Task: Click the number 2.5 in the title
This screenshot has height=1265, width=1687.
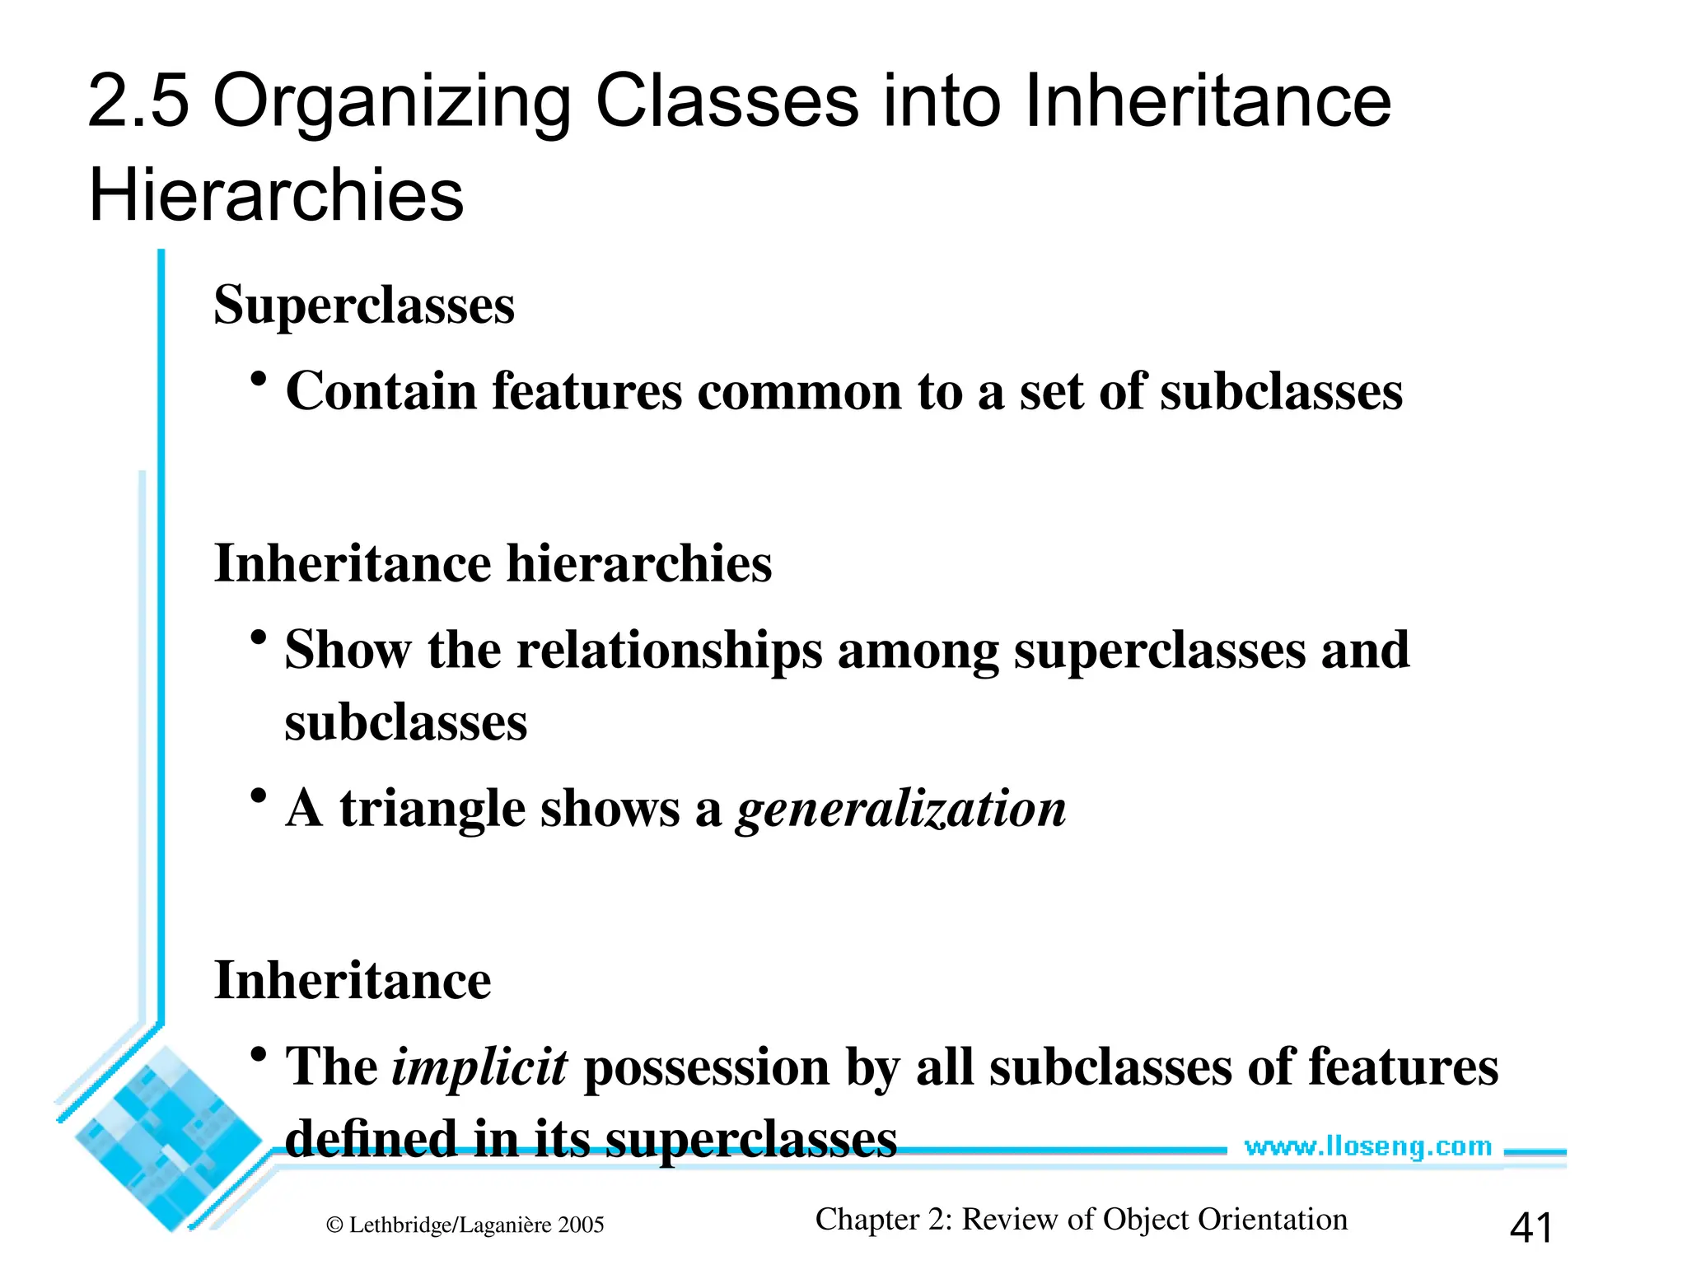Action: click(x=138, y=101)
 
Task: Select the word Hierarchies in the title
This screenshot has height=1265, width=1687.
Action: click(x=276, y=195)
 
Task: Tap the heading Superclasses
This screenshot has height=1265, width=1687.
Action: click(x=364, y=306)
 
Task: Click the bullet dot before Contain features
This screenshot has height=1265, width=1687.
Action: click(x=259, y=379)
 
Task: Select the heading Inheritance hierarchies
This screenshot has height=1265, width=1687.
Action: click(x=493, y=564)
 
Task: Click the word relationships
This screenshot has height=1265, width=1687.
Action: click(x=669, y=651)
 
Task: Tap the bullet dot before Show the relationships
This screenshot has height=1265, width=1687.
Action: click(x=259, y=637)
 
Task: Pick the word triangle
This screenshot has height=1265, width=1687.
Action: click(x=432, y=809)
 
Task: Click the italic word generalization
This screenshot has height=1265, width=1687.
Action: click(x=901, y=809)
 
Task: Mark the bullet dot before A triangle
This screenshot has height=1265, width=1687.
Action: click(x=259, y=796)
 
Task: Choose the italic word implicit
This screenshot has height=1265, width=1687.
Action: click(x=479, y=1067)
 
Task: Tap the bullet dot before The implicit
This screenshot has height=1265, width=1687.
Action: click(x=259, y=1054)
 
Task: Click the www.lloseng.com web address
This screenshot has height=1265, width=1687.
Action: click(x=1367, y=1146)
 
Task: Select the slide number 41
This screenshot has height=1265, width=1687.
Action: click(x=1530, y=1227)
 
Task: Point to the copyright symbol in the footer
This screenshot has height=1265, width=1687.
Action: click(x=334, y=1225)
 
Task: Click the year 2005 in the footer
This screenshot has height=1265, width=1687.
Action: click(x=581, y=1225)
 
